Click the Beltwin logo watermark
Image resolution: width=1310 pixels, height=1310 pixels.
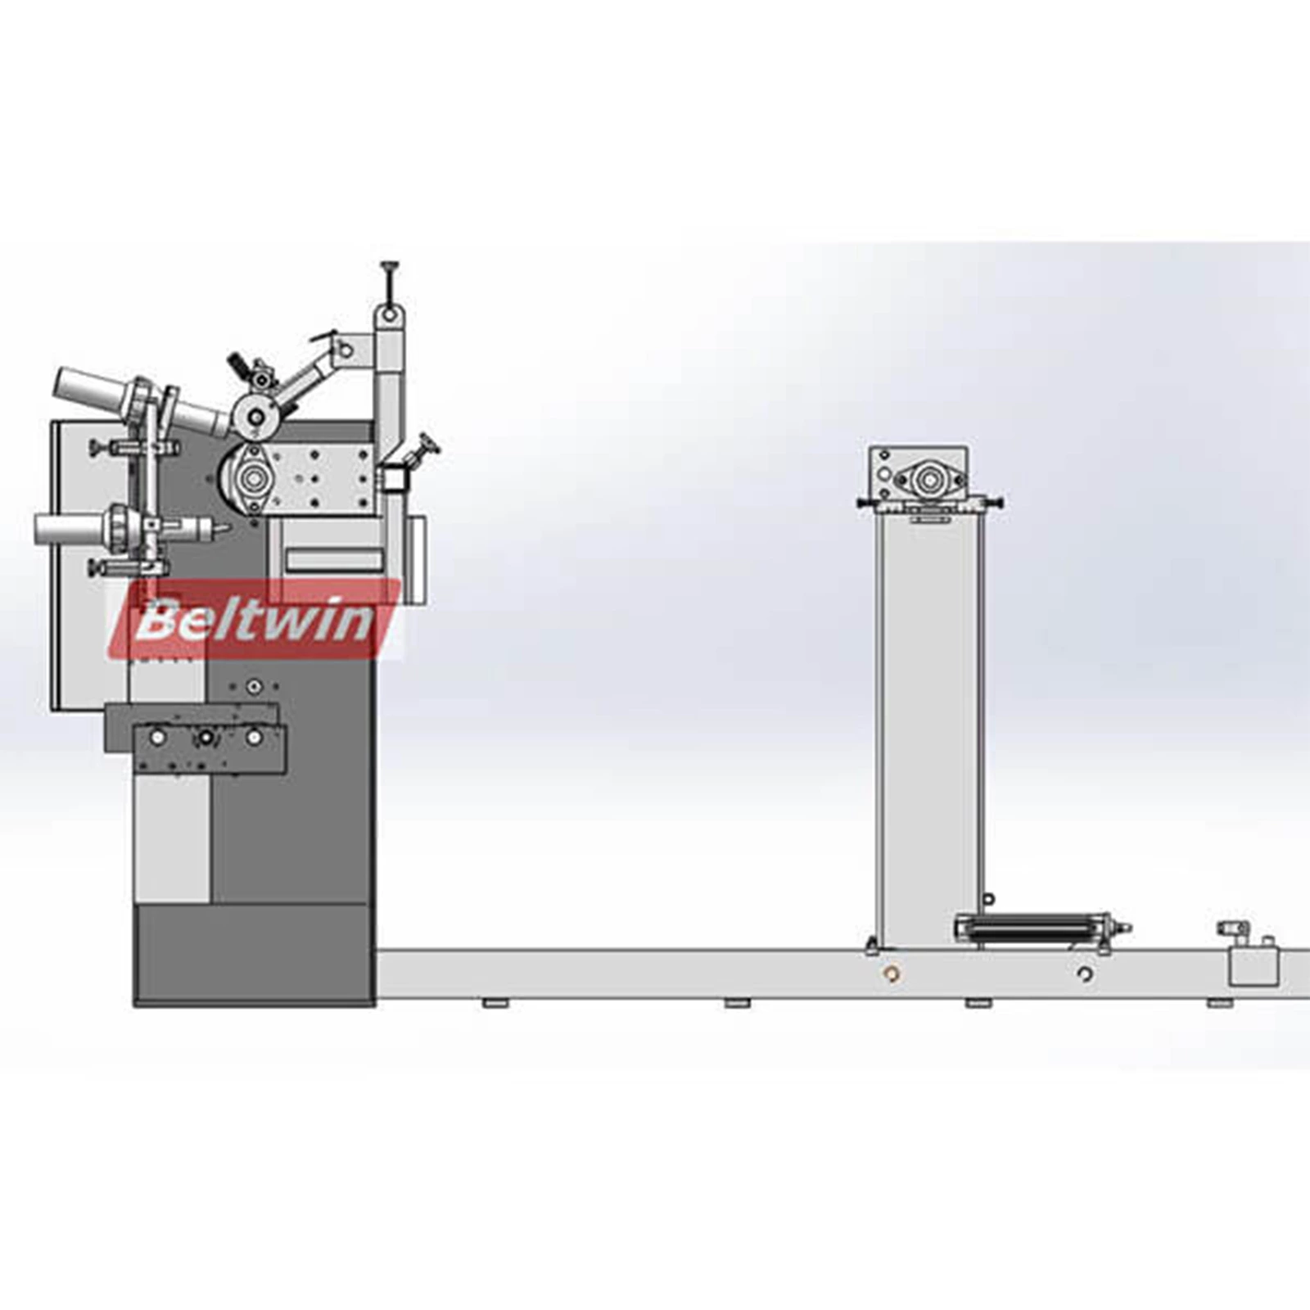(x=254, y=621)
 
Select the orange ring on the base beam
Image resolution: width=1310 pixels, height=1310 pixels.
(x=893, y=973)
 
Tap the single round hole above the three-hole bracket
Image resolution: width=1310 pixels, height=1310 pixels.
(x=255, y=686)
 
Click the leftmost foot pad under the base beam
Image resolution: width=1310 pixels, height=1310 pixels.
(x=492, y=1003)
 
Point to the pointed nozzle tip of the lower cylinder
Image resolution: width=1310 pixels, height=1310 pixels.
(x=222, y=529)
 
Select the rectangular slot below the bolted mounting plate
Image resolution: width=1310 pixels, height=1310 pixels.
(x=333, y=561)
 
